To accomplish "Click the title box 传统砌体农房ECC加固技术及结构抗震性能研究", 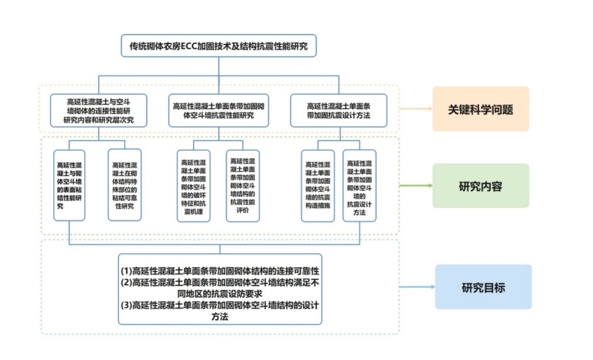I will click(218, 46).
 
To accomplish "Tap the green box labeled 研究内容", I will click(480, 186).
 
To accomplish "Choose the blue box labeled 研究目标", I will click(483, 287).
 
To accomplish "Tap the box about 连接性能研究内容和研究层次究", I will click(98, 110).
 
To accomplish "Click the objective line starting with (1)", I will click(219, 271).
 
